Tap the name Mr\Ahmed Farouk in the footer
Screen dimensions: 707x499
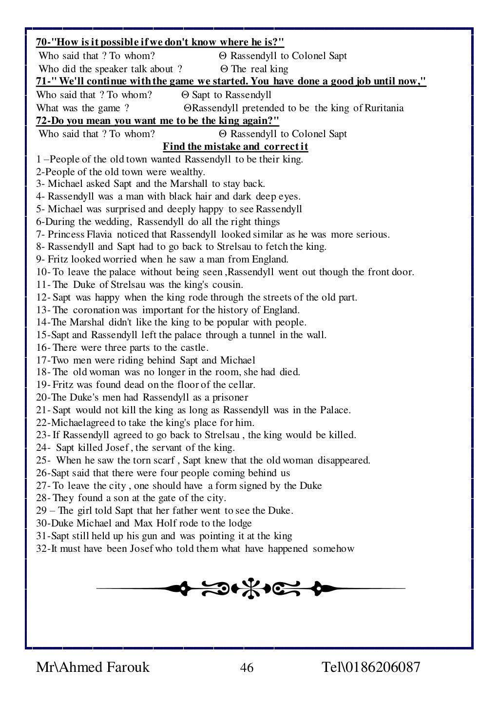[93, 667]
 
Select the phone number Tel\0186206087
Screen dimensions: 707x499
[371, 667]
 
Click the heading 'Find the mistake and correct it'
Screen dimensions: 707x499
[235, 146]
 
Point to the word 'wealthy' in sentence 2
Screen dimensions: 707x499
[187, 172]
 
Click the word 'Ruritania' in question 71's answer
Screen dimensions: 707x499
[383, 108]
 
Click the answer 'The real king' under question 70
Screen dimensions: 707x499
[260, 69]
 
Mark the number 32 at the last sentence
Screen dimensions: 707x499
[41, 548]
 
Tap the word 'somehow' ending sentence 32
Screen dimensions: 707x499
[333, 548]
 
